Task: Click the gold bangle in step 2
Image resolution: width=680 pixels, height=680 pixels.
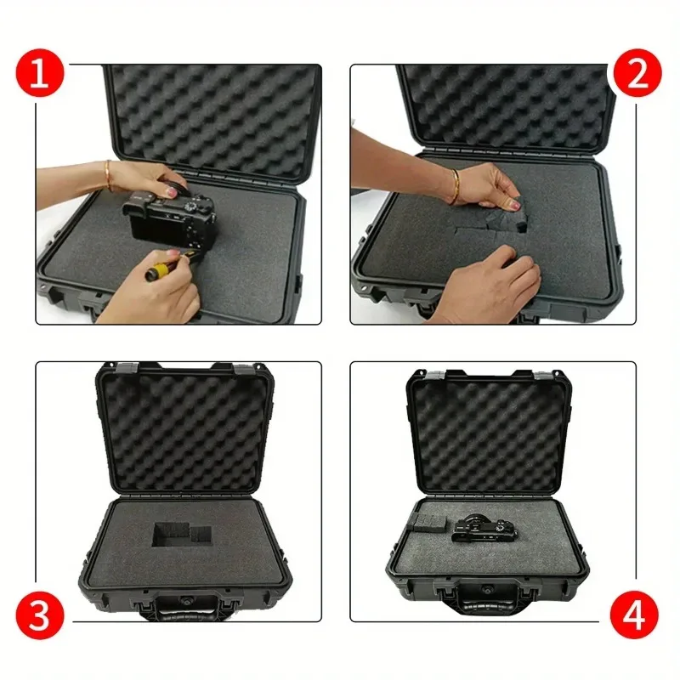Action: click(455, 186)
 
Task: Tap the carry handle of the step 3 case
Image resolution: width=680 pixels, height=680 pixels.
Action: click(184, 605)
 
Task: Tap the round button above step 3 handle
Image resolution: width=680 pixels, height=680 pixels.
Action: click(183, 586)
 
